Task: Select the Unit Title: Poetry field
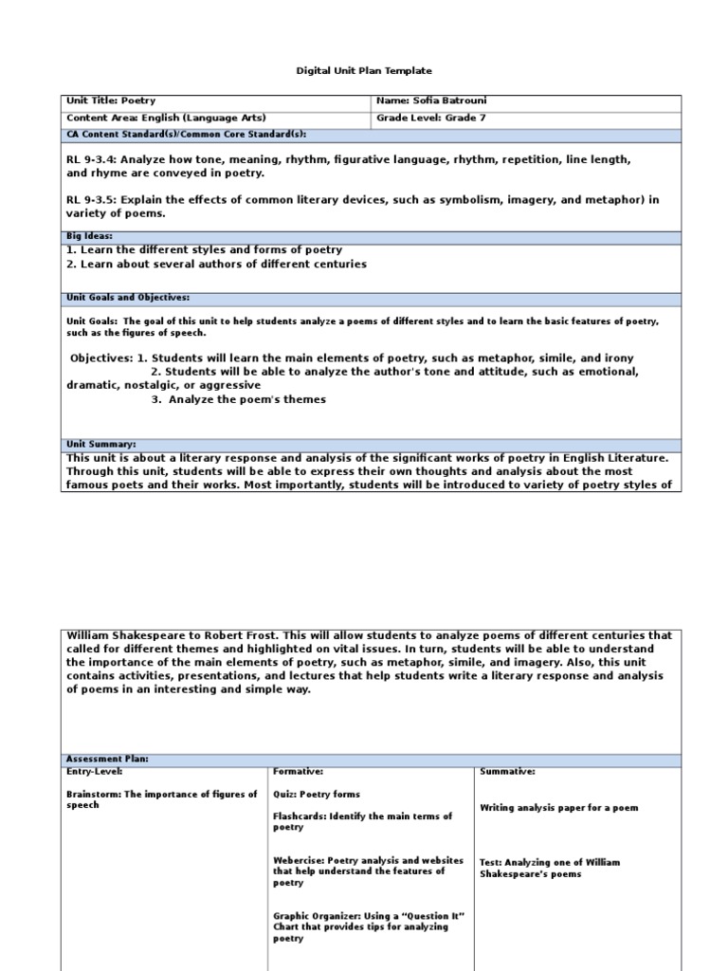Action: [x=111, y=101]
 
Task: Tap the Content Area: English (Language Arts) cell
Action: [x=148, y=118]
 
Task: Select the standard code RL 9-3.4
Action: [x=90, y=160]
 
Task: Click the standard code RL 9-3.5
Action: [x=90, y=199]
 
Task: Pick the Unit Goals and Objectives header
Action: [x=128, y=298]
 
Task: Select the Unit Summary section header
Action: [x=101, y=444]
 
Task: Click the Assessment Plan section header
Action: [x=107, y=760]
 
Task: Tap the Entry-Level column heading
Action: [x=92, y=772]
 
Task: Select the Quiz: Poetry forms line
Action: [x=317, y=794]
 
